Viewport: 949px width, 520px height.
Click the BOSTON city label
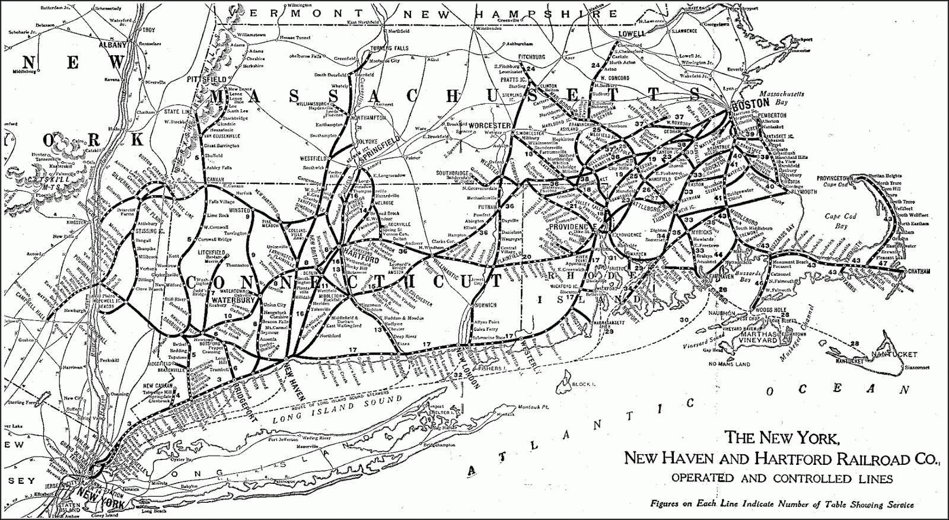(746, 102)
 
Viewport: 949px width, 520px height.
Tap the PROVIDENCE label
(571, 227)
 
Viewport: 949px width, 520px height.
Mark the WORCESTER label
(490, 126)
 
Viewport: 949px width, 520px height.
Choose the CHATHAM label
(917, 272)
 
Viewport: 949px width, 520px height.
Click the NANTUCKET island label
(894, 355)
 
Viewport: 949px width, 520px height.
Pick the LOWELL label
(631, 34)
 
